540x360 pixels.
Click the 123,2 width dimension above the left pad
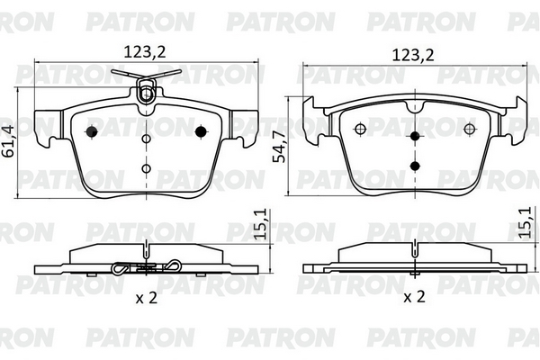pos(145,52)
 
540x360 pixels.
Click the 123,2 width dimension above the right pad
pos(413,55)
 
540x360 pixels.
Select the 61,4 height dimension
pos(9,141)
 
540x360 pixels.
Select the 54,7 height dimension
pos(279,147)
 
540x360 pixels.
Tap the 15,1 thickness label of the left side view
pos(260,224)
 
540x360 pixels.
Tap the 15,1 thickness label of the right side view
pos(528,222)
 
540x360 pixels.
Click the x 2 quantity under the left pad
pos(147,297)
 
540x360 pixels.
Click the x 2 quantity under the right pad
pos(414,296)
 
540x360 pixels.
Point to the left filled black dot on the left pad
pos(92,131)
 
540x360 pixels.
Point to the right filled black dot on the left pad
pos(201,131)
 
